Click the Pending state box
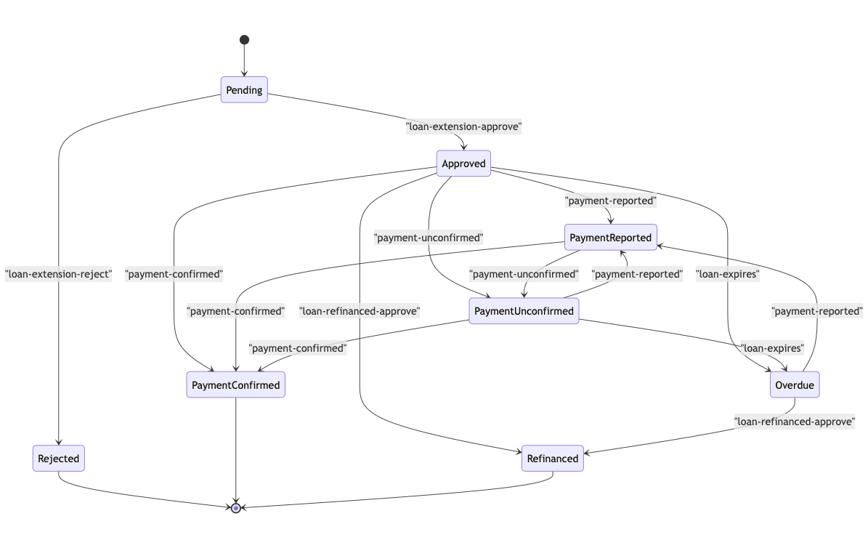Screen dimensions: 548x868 coord(244,90)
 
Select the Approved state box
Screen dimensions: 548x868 coord(463,164)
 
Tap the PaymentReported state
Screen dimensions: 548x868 coord(611,238)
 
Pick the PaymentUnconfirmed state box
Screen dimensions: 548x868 coord(524,311)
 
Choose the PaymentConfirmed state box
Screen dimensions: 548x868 coord(235,385)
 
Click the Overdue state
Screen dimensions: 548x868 coord(795,385)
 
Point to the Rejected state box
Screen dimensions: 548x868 coord(59,459)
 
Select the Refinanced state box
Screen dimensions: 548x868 coord(552,459)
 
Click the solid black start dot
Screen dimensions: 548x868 coord(244,40)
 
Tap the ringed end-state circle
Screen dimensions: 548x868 coord(236,507)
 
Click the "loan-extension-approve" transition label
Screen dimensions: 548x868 coord(463,126)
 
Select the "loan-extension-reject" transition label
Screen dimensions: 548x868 coord(59,274)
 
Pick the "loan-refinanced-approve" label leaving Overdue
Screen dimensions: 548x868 coord(795,421)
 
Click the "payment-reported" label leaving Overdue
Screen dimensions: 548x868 coord(816,311)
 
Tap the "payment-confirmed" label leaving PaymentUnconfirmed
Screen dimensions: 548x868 coord(298,348)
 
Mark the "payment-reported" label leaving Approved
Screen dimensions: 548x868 coord(611,200)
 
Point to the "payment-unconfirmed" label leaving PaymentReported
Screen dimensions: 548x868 coord(524,274)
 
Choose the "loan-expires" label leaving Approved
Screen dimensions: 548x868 coord(727,274)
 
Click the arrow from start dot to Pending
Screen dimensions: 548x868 coord(244,61)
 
